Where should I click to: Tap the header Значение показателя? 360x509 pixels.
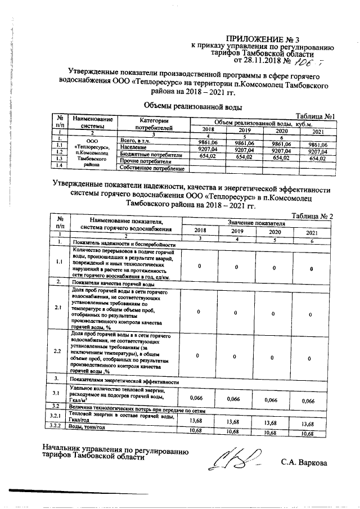click(260, 223)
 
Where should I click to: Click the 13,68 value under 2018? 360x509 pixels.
click(196, 421)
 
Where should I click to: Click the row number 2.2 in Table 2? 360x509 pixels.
click(57, 352)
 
